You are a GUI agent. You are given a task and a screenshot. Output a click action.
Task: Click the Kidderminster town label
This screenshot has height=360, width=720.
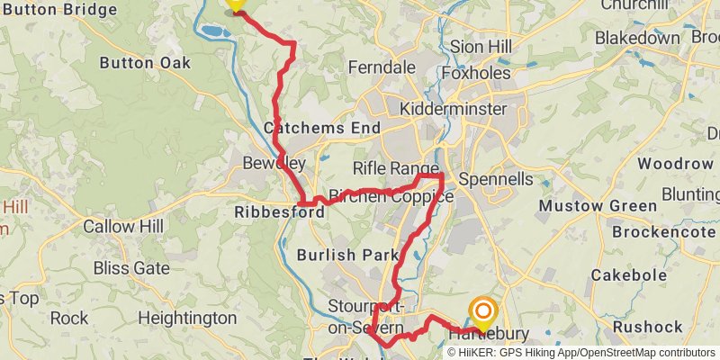[x=454, y=109]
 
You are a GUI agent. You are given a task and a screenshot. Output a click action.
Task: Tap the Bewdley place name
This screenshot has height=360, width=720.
[x=274, y=163]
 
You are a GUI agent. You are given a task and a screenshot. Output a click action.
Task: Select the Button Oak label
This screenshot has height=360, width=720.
[x=145, y=63]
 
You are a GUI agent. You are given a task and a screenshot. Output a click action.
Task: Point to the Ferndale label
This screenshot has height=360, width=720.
[x=382, y=67]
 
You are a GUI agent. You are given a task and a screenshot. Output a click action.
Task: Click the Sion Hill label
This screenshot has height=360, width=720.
[x=480, y=47]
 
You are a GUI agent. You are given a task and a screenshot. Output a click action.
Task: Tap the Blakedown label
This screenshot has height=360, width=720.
[x=637, y=38]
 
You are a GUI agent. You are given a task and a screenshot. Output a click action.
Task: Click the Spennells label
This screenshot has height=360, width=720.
[x=496, y=179]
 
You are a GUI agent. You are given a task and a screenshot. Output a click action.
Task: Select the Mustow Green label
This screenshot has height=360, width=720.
[x=597, y=206]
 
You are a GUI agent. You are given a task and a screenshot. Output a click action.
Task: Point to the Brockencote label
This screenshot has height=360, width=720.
[x=664, y=231]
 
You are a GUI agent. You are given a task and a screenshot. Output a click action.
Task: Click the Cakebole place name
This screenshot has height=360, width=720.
[x=629, y=275]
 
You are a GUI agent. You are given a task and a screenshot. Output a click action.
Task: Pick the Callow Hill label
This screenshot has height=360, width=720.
[x=123, y=227]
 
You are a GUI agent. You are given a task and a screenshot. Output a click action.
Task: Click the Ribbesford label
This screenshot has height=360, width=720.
[x=278, y=213]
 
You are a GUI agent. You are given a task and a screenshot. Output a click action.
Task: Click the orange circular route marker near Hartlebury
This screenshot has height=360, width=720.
[x=483, y=314]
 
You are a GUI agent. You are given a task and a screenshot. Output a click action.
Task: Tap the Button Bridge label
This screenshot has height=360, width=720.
[x=59, y=10]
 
